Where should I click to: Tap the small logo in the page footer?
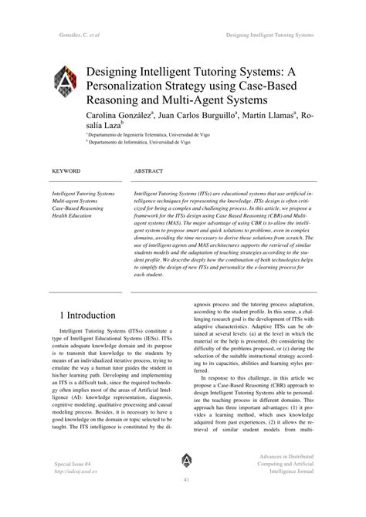click(187, 461)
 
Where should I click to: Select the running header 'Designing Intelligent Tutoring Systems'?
click(270, 35)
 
